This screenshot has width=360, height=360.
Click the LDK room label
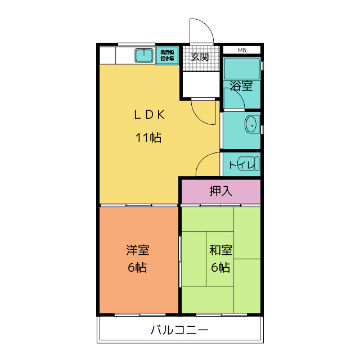(148, 115)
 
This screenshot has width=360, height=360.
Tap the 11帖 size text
(148, 138)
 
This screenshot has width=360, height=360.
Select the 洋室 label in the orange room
(137, 250)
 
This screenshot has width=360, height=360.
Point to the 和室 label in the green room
(221, 250)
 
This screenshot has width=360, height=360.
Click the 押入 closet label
(220, 191)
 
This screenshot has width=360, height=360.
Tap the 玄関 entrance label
(200, 56)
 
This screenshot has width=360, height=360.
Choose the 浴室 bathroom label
(241, 87)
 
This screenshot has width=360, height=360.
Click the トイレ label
(239, 165)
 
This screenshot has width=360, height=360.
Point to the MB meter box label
(242, 50)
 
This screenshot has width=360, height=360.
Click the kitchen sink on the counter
(144, 56)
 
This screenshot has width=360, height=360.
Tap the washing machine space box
(167, 56)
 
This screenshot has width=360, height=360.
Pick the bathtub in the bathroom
(242, 68)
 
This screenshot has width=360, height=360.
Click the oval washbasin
(252, 123)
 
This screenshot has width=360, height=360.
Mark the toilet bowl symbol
(254, 164)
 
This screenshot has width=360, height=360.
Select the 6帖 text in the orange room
(137, 268)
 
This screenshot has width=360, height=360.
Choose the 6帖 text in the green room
(221, 268)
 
